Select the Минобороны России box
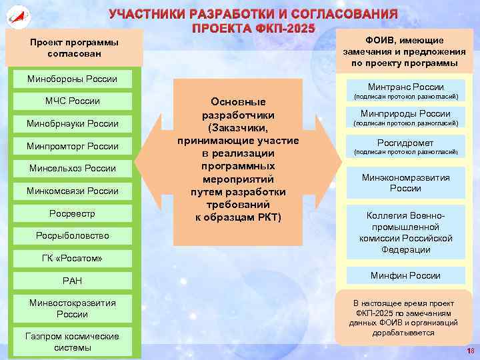coord(72,79)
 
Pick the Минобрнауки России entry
coord(72,124)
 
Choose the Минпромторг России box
coord(72,146)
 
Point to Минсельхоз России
coord(72,169)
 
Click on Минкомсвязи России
coord(72,191)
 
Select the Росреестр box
coord(72,213)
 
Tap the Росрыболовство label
coord(72,236)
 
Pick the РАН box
coord(72,281)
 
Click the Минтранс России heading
coord(405,87)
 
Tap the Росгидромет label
coord(405,143)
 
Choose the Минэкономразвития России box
coord(405,183)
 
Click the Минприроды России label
coord(405,114)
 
